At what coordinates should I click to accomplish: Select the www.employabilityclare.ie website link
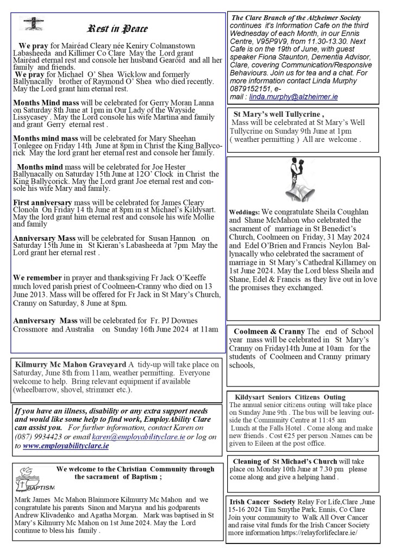(66, 445)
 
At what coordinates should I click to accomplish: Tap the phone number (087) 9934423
(39, 436)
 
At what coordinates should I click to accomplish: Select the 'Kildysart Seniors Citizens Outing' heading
(290, 397)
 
